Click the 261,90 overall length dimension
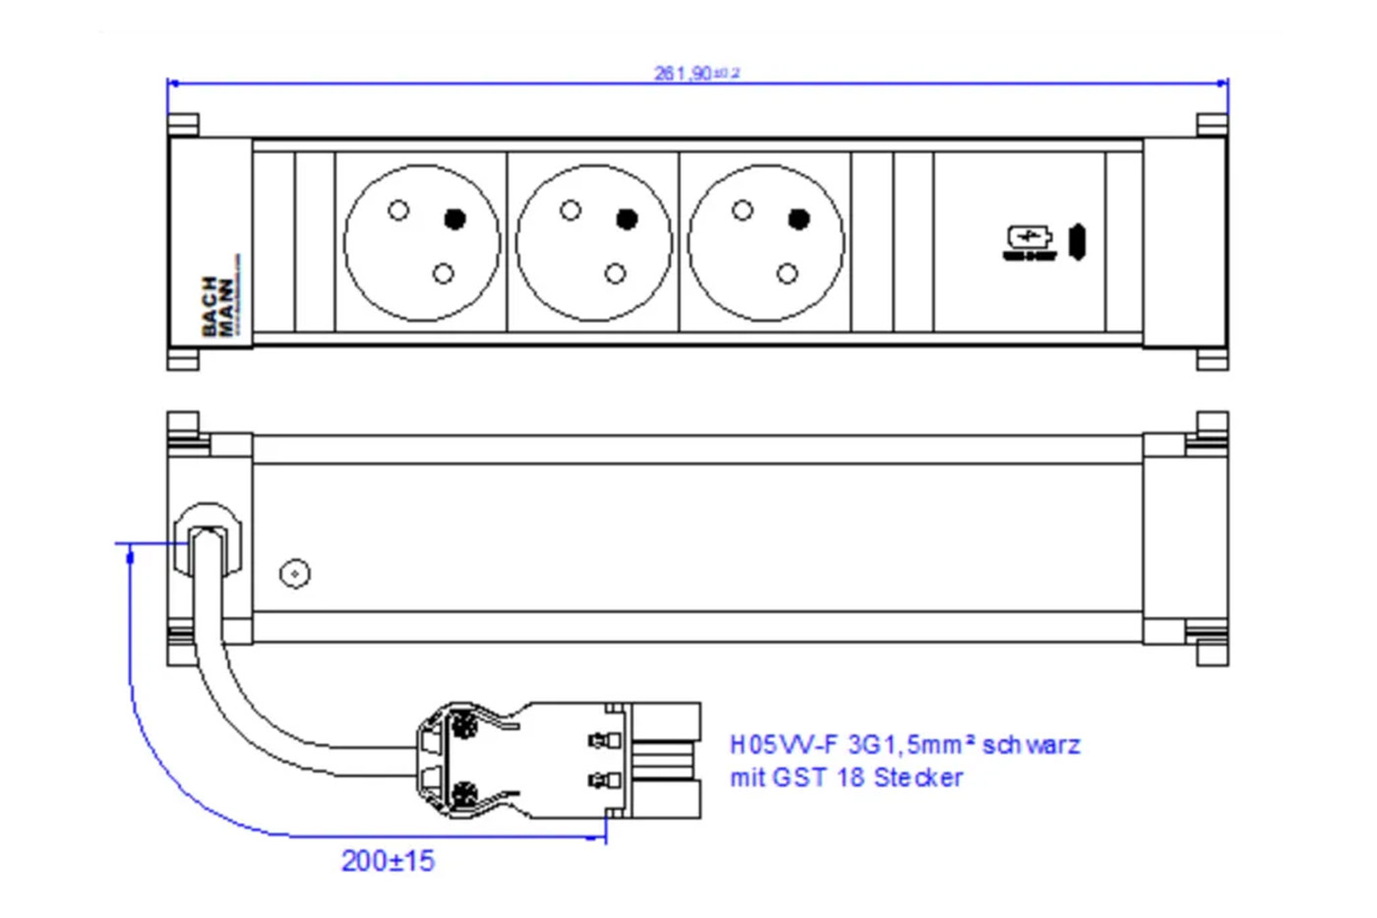[x=696, y=73]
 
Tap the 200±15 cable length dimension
[x=388, y=861]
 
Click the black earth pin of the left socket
[x=454, y=218]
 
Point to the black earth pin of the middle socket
[x=627, y=218]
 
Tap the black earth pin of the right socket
[x=799, y=218]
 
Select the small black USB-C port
[x=1077, y=242]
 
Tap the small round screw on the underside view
[x=295, y=574]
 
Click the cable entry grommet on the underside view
[x=208, y=542]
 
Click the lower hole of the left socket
[x=444, y=274]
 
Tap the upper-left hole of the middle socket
[x=570, y=210]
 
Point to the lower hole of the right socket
[x=787, y=274]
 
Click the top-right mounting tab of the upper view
[x=1212, y=125]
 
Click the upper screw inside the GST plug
[x=462, y=728]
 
